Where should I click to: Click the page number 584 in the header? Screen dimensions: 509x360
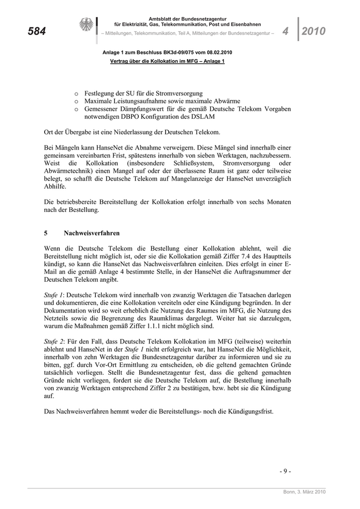point(37,32)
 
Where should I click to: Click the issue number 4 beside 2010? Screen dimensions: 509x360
point(285,31)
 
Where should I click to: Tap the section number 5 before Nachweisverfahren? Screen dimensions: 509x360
point(46,233)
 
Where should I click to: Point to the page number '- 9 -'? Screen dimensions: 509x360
point(285,471)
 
